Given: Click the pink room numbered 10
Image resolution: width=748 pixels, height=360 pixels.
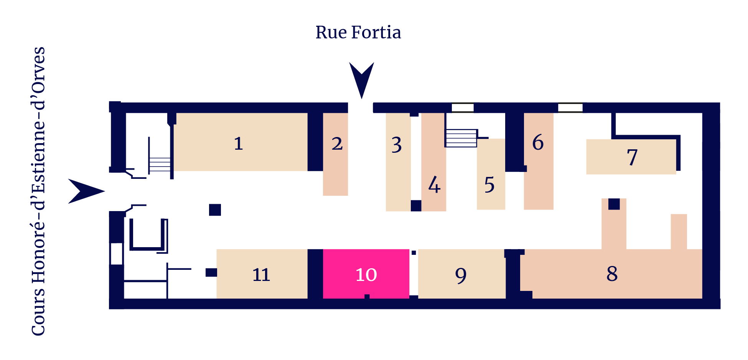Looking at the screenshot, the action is coord(366,274).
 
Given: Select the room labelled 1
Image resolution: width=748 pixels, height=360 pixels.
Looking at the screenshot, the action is coord(241,142).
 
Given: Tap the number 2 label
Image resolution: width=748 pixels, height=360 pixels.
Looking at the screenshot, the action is coord(337,144).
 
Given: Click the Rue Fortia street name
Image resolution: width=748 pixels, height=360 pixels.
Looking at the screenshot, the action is coord(358,32).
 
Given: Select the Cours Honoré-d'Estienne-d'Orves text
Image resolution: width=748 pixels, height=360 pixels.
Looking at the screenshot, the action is coord(38,191).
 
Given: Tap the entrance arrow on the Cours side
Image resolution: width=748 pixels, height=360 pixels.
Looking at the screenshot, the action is coord(86,191).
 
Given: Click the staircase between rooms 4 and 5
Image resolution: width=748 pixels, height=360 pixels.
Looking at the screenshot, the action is coord(461,138).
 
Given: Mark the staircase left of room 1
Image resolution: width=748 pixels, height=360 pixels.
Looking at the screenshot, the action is coord(160,164).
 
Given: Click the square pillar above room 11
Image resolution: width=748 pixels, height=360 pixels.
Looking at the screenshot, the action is coord(215,210).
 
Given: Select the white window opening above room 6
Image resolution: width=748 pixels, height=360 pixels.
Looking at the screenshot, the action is coord(570,107).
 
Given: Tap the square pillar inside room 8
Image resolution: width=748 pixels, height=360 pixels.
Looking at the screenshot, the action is coord(614,204).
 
